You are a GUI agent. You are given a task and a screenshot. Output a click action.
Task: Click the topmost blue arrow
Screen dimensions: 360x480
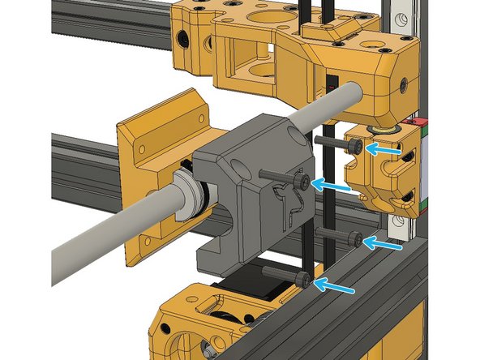pyautogui.click(x=384, y=148)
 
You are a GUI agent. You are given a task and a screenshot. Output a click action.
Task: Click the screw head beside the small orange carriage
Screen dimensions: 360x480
pyautogui.click(x=357, y=145)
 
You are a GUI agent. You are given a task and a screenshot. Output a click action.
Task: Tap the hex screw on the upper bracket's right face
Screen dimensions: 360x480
pyautogui.click(x=401, y=82)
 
